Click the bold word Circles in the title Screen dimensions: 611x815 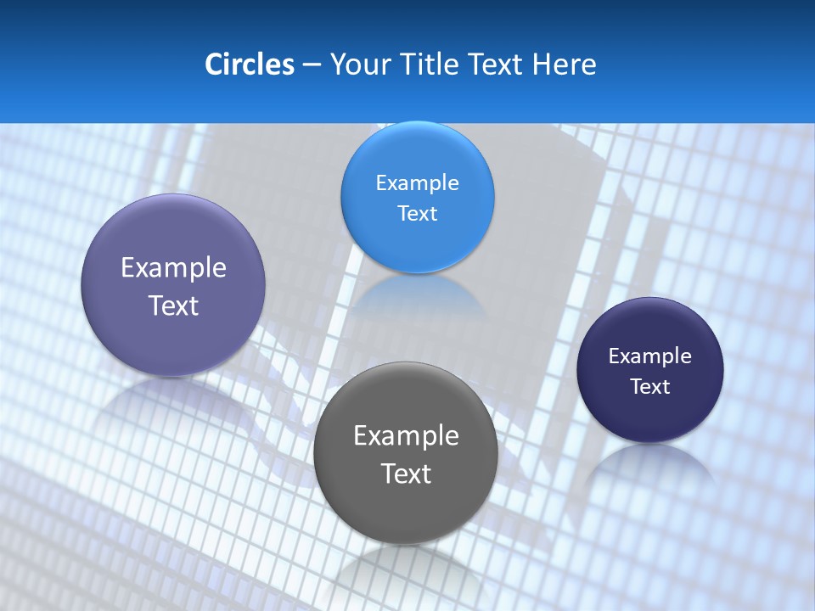click(x=249, y=64)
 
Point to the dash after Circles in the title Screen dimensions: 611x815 click(x=311, y=64)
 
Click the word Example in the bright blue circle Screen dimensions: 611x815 click(x=417, y=182)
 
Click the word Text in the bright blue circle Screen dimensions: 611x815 click(x=417, y=213)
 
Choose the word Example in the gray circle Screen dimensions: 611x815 click(x=406, y=435)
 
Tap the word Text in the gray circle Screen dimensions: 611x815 click(x=406, y=474)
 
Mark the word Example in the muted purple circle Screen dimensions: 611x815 click(x=173, y=267)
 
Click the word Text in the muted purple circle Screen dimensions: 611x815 click(x=173, y=305)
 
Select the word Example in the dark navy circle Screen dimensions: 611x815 click(x=650, y=356)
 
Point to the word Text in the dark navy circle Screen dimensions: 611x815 click(x=650, y=386)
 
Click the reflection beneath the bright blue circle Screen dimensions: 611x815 click(x=417, y=293)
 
